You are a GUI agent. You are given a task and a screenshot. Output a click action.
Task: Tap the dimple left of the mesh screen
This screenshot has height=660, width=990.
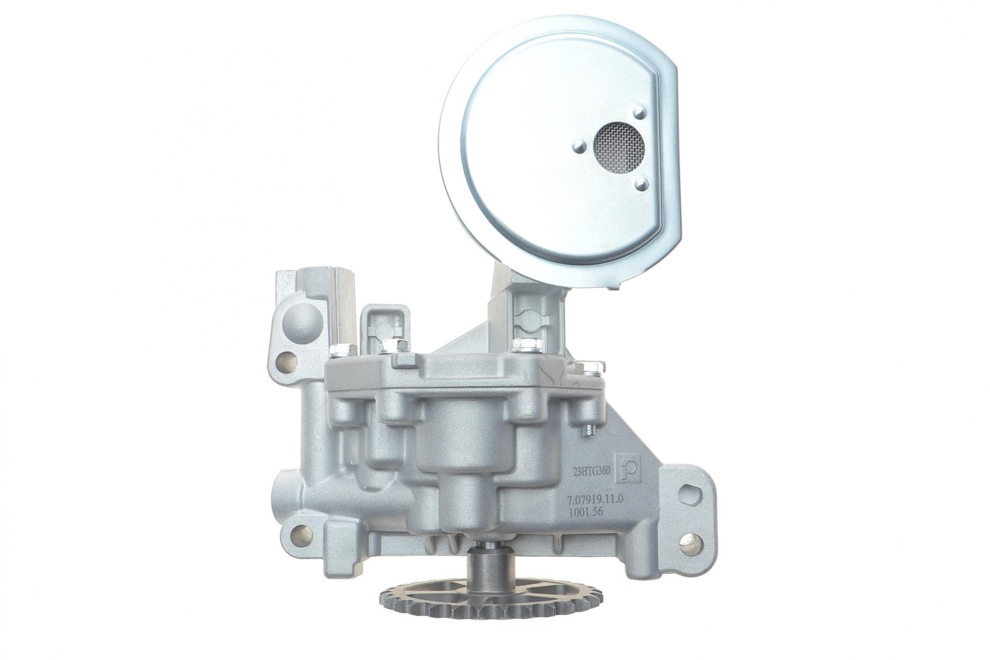579,147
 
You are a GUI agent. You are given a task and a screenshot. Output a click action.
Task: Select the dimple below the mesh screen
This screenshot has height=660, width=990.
641,184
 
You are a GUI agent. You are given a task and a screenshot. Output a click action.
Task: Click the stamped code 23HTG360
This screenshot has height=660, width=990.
591,471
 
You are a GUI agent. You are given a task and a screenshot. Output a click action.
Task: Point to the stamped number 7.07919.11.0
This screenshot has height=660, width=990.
596,499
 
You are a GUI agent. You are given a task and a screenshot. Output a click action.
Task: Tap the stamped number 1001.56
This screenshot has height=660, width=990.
586,511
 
